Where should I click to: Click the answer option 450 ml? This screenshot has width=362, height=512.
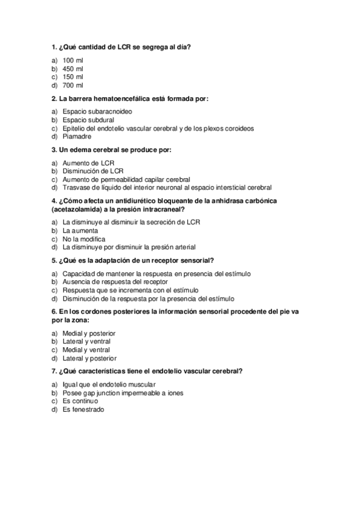click(x=73, y=69)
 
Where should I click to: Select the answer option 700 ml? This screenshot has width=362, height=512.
click(x=73, y=85)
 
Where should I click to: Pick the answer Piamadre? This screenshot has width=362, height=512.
click(x=78, y=136)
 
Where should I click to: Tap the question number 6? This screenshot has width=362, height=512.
click(x=54, y=311)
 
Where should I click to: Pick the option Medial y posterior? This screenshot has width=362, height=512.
click(x=89, y=333)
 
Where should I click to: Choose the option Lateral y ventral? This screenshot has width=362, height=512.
click(x=86, y=341)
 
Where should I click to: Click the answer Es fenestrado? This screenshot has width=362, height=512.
click(x=83, y=409)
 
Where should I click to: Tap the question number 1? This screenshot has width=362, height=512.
click(x=54, y=48)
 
